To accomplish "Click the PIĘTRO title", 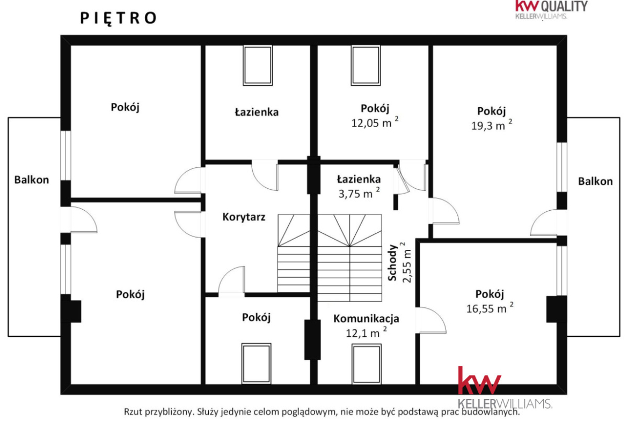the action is (119, 18).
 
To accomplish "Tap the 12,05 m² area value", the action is (375, 122).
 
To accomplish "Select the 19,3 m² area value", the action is (492, 125).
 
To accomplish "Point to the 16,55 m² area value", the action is (490, 308).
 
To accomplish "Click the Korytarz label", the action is (244, 217).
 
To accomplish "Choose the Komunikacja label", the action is (366, 319).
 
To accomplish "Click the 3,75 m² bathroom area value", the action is (359, 193).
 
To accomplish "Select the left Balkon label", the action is (32, 180).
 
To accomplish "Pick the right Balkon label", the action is (595, 181).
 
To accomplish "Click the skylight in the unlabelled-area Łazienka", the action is (258, 65).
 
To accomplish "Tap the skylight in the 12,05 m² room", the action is (366, 65).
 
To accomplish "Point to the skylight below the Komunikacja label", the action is (367, 364).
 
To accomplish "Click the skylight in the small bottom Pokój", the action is (257, 364).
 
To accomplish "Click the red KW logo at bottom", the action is (479, 381).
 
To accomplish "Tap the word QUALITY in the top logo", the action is (564, 7).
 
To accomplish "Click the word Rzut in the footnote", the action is (133, 411).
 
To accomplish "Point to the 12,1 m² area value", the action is (366, 332).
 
